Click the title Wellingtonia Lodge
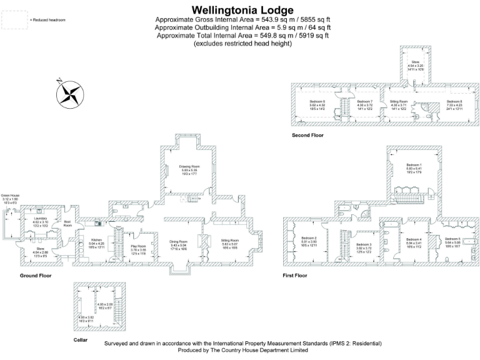pos(242,10)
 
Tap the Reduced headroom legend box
pos(13,20)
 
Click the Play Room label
pos(137,246)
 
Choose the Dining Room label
pos(178,241)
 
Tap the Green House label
pos(10,196)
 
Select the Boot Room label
pos(67,224)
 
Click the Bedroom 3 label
pos(364,244)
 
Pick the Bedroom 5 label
pos(452,239)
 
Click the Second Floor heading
pos(307,135)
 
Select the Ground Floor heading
pos(36,275)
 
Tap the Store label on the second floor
pos(415,62)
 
